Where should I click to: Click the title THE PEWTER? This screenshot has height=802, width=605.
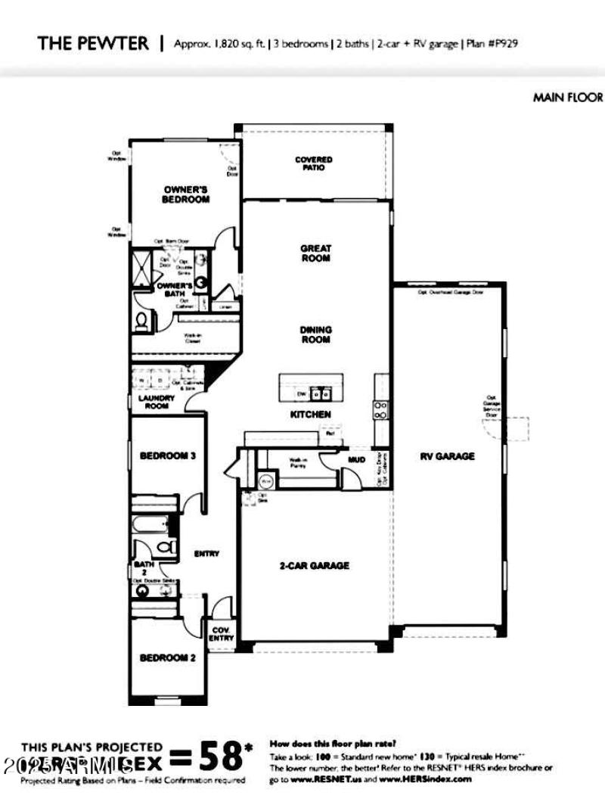point(93,43)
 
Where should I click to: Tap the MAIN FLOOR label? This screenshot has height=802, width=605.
point(568,97)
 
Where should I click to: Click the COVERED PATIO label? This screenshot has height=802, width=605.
point(314,163)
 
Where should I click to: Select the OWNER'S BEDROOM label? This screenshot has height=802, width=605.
point(185,194)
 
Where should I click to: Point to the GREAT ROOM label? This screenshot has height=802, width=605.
point(316,253)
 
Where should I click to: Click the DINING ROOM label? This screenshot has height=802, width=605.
point(316,335)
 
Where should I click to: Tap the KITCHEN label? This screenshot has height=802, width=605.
point(311,415)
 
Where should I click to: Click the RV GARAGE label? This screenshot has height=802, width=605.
point(448,456)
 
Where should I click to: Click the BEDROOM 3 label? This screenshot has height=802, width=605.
point(168,456)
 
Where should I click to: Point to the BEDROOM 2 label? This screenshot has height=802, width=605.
point(168,658)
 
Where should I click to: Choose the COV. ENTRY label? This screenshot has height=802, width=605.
point(222,633)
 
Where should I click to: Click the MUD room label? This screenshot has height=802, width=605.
point(357,459)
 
